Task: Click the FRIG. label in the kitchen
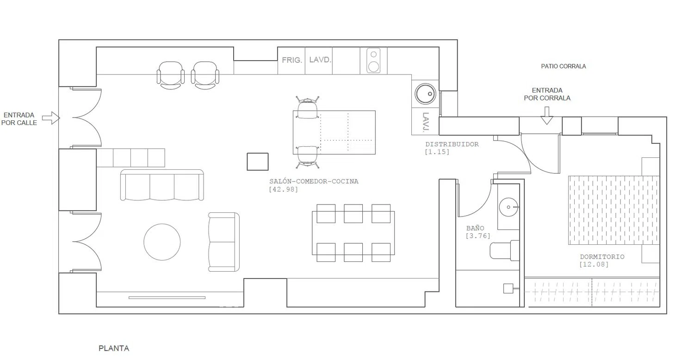[x=292, y=60]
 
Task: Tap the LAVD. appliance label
[x=320, y=60]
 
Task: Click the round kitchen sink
[x=425, y=94]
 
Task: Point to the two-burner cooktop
[x=374, y=61]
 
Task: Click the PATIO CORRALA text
[x=563, y=66]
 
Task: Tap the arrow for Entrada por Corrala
[x=547, y=116]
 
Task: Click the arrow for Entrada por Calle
[x=51, y=118]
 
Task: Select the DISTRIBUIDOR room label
[x=452, y=144]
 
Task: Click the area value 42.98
[x=284, y=189]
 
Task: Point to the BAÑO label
[x=475, y=228]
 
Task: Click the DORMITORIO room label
[x=602, y=256]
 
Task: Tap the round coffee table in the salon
[x=162, y=242]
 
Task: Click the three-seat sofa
[x=162, y=185]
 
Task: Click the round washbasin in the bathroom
[x=508, y=207]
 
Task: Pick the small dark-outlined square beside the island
[x=257, y=161]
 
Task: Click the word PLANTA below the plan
[x=114, y=348]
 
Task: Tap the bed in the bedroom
[x=614, y=211]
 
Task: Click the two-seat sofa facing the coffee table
[x=223, y=242]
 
